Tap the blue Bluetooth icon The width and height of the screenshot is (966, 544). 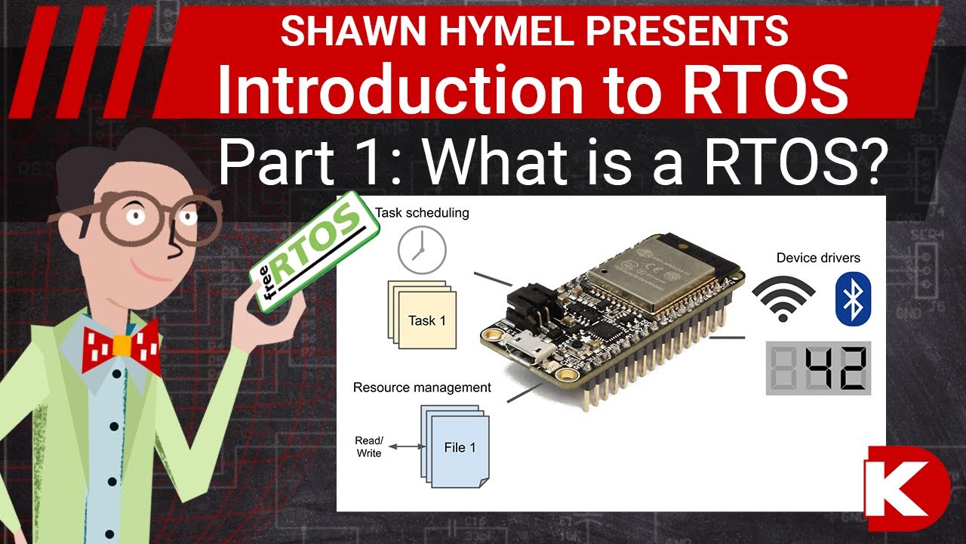(853, 299)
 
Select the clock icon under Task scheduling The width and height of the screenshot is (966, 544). (422, 249)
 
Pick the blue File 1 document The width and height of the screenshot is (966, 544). (458, 447)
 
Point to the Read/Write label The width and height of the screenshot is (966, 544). (368, 447)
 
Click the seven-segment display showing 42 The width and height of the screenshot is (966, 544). (818, 368)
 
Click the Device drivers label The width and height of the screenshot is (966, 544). (818, 258)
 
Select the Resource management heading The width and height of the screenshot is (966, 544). (422, 388)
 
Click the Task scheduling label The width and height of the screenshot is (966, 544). (422, 213)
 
